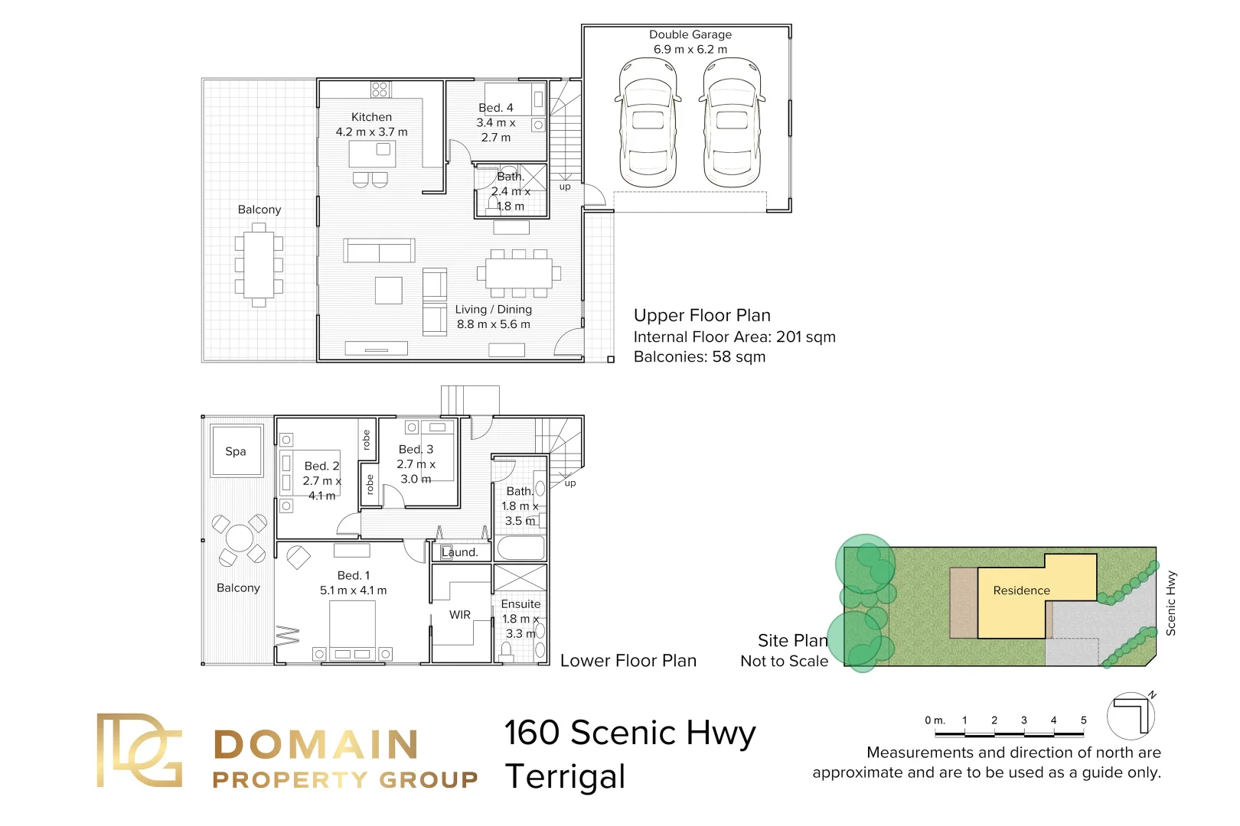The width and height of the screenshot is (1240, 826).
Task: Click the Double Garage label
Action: pos(690,34)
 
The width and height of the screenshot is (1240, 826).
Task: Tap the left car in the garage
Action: pos(648,122)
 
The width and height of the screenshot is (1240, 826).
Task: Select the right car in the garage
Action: pos(732,122)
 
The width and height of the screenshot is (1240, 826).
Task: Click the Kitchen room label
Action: pos(371,117)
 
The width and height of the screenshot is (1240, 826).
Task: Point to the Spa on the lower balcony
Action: pos(236,451)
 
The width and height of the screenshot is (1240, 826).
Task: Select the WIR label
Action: pos(460,615)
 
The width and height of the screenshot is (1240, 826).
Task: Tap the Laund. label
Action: pos(460,552)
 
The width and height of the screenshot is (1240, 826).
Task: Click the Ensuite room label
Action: pos(520,604)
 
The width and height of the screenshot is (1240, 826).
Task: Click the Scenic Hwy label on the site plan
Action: pos(1170,603)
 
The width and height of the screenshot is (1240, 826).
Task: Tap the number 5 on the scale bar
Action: pos(1083,720)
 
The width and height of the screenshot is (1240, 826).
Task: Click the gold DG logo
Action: pos(139,750)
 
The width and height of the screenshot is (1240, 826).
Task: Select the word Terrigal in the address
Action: pos(566,777)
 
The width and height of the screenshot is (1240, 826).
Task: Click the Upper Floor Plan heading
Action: pos(702,315)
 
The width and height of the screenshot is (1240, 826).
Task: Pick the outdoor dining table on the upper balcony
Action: pos(259,265)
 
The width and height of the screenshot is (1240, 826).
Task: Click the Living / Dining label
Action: pos(493,309)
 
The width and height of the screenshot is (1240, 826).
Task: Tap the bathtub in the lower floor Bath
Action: pos(520,548)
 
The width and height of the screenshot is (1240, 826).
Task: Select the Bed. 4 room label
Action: pos(496,108)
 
